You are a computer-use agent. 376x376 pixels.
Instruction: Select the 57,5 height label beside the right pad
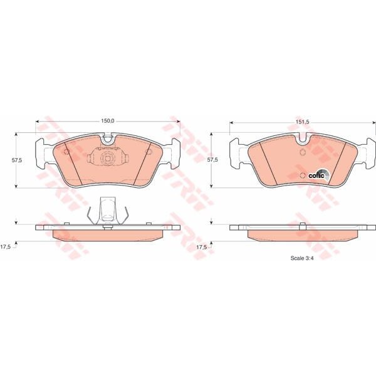tap(213, 160)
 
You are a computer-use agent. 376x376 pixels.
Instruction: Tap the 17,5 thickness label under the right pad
tap(202, 248)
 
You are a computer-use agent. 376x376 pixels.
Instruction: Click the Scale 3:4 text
tap(302, 258)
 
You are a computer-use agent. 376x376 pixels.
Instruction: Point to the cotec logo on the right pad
tap(318, 175)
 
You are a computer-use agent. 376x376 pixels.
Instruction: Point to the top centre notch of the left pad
tap(107, 138)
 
